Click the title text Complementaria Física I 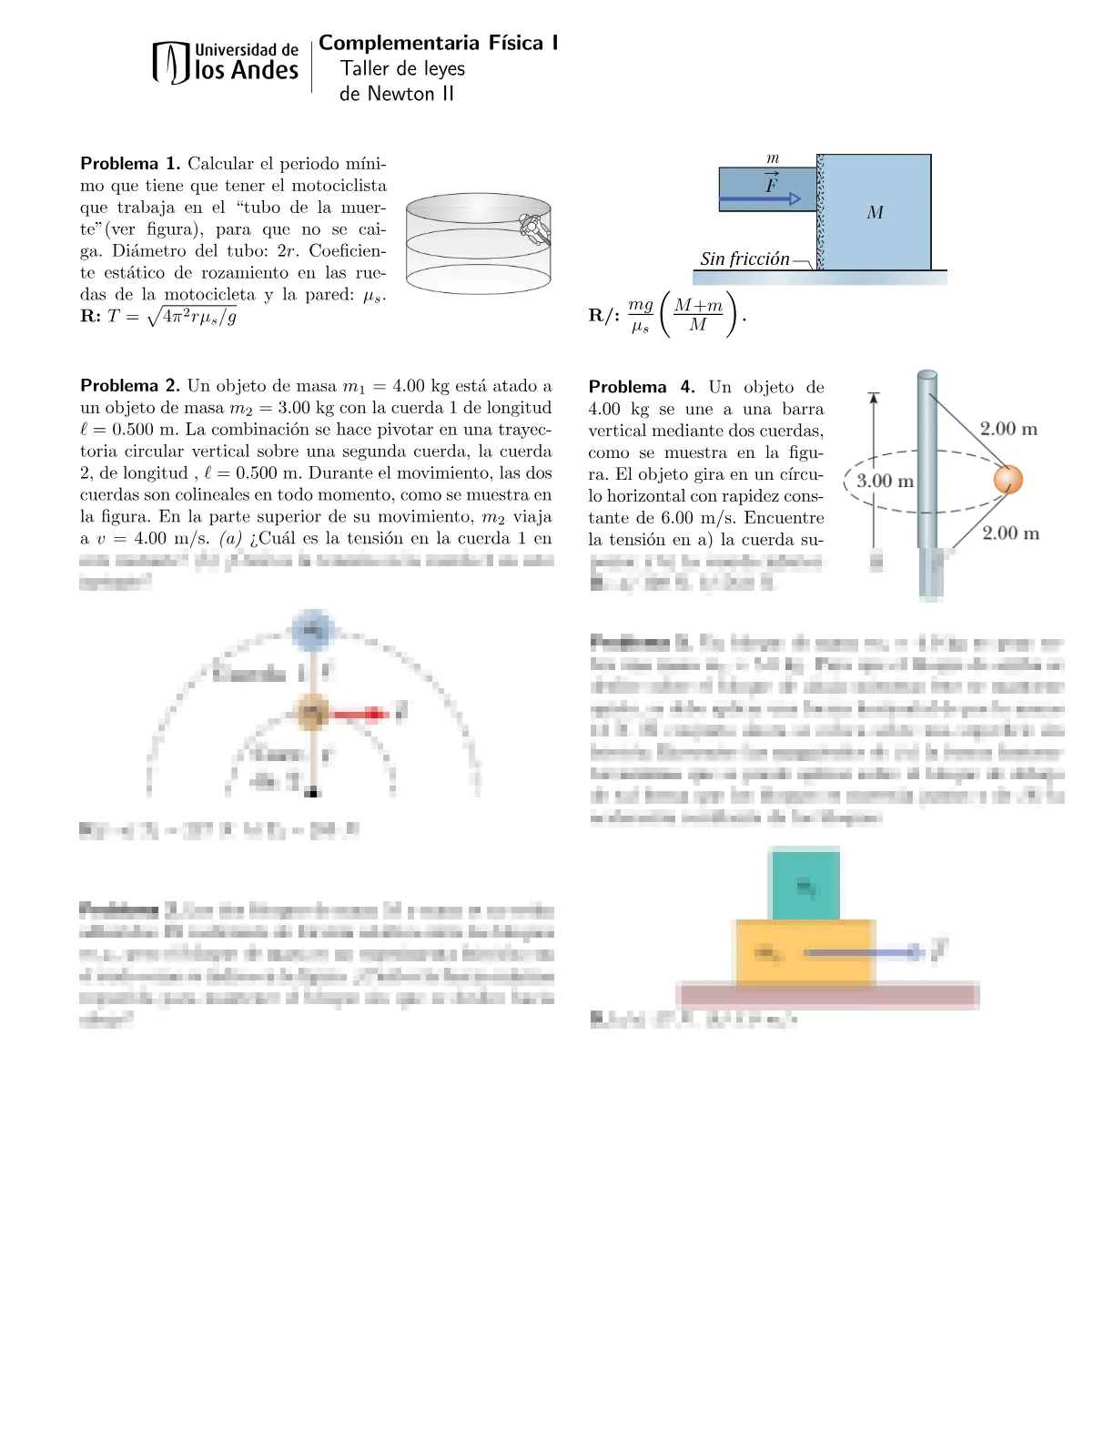tap(438, 43)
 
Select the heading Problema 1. tap(130, 164)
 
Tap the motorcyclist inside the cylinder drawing tap(533, 228)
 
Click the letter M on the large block tap(875, 213)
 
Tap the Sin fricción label tap(744, 259)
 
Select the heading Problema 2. tap(130, 386)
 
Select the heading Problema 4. tap(641, 387)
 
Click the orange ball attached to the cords tap(1008, 479)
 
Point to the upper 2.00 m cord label tap(1008, 429)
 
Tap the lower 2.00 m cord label tap(1010, 533)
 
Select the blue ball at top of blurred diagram tap(312, 630)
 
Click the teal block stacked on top tap(805, 885)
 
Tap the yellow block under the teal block tap(804, 952)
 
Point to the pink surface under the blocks tap(827, 996)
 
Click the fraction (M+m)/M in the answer tap(698, 315)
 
